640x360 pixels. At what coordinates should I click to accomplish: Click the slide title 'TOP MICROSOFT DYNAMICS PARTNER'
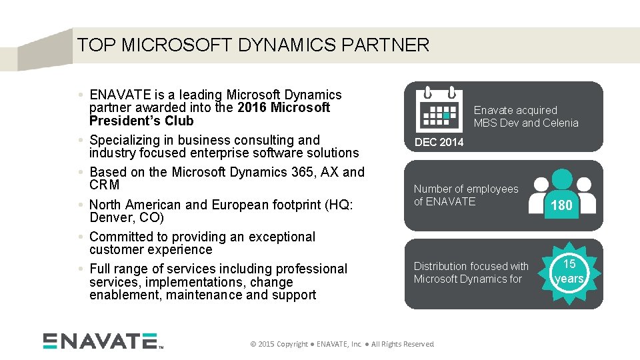click(x=253, y=45)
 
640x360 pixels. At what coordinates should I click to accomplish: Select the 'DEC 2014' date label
click(x=439, y=142)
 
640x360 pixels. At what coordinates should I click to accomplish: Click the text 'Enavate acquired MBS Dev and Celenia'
click(x=526, y=117)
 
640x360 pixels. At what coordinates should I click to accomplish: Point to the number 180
click(x=561, y=206)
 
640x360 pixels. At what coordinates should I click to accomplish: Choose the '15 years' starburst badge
click(x=569, y=272)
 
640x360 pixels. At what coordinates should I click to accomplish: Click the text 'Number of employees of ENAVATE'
click(x=465, y=195)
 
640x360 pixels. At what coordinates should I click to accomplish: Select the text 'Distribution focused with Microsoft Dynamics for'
click(x=471, y=273)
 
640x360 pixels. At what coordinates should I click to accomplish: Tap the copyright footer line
click(x=341, y=344)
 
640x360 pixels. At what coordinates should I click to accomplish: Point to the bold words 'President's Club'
click(x=141, y=121)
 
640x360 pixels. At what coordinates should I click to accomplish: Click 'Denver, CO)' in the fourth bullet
click(x=126, y=218)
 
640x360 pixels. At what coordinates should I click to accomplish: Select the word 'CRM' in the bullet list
click(x=105, y=185)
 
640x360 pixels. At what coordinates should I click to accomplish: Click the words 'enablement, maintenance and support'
click(x=202, y=295)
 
